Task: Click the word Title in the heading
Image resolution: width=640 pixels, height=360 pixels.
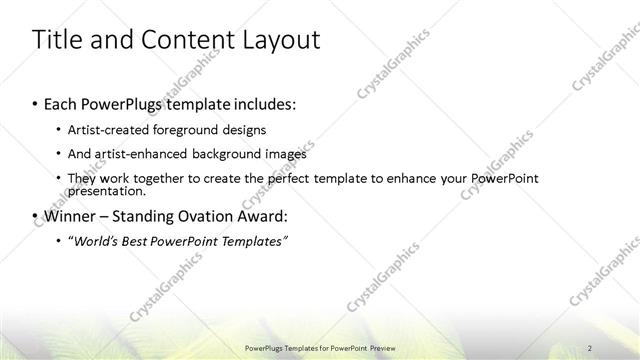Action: click(x=59, y=41)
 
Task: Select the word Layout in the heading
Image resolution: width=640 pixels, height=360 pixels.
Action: click(x=283, y=41)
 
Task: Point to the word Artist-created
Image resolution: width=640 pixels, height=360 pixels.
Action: click(x=105, y=130)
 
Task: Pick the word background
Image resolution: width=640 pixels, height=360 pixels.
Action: click(x=228, y=154)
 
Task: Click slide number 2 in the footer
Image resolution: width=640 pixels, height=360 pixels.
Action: click(x=590, y=346)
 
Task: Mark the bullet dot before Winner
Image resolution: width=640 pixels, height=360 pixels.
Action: click(x=36, y=215)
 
